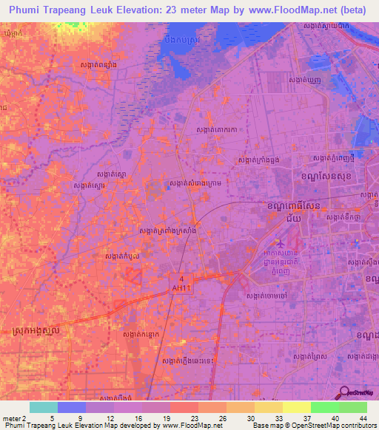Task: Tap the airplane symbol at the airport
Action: (280, 242)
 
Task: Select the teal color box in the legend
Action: (44, 407)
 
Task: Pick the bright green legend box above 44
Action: (353, 407)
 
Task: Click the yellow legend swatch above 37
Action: (297, 407)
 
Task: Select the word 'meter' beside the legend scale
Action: (10, 417)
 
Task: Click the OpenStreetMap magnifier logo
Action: (345, 392)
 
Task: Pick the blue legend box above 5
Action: (72, 407)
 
